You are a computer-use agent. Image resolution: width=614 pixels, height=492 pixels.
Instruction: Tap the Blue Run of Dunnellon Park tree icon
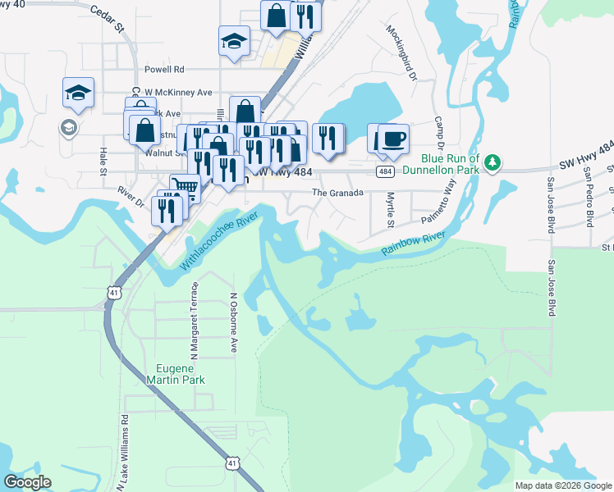click(493, 162)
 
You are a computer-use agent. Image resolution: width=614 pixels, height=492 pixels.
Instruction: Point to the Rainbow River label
click(412, 244)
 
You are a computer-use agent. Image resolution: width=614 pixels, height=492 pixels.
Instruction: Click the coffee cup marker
click(393, 139)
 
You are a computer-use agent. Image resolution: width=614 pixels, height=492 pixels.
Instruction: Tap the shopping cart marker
click(186, 189)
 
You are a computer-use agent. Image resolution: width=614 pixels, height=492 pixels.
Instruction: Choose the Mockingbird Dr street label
click(401, 52)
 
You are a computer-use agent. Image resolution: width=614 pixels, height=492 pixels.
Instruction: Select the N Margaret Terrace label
click(195, 321)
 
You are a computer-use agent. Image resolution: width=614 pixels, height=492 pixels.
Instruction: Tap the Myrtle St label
click(391, 211)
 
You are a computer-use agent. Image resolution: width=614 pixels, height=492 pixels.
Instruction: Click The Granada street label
click(332, 193)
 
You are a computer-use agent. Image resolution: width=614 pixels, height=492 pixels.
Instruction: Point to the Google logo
click(27, 482)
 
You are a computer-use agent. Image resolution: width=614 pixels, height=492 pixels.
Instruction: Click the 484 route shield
click(385, 171)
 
